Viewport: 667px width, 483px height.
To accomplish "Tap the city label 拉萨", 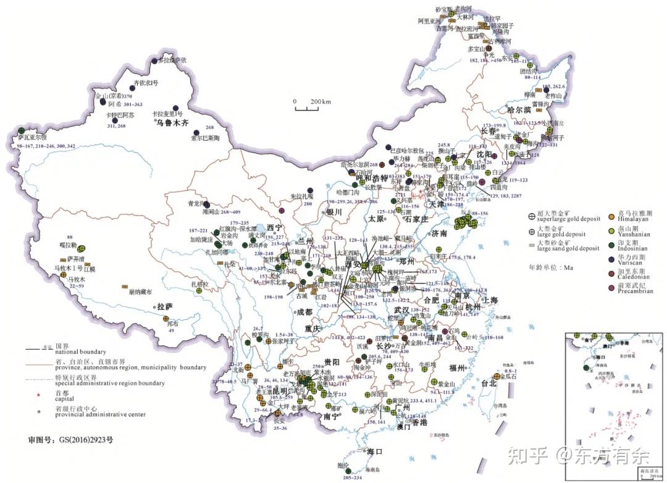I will coord(166,306).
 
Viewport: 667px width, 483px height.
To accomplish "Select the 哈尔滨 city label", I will coord(519,109).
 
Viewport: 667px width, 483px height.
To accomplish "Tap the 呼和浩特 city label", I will coord(371,178).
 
